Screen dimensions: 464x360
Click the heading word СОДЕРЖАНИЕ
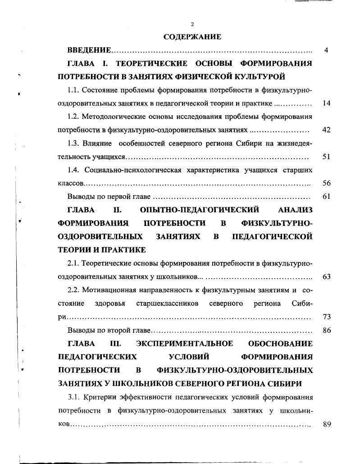coord(192,37)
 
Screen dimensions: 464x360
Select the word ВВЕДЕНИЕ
coord(89,50)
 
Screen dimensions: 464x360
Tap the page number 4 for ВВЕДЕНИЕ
coord(326,50)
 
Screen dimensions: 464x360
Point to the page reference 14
coord(327,103)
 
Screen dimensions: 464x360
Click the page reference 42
coord(327,130)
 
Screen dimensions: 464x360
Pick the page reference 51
coord(327,156)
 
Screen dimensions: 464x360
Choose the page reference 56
coord(327,183)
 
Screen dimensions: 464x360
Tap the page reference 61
coord(327,197)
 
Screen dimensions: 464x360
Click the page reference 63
coord(327,276)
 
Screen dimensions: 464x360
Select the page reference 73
coord(327,317)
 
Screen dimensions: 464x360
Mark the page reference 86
coord(327,330)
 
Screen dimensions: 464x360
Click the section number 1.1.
coord(73,90)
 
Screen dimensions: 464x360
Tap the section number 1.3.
coord(73,143)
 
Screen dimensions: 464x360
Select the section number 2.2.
coord(73,290)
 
